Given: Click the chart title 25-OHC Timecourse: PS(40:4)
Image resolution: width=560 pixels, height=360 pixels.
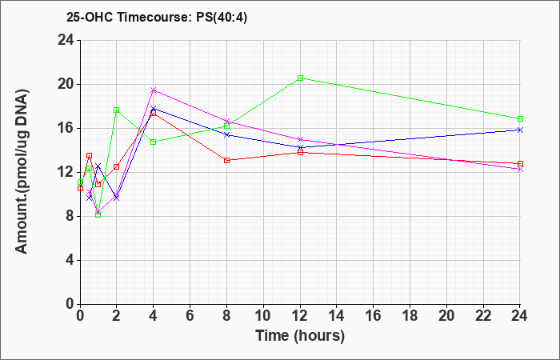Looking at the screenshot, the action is [x=157, y=18].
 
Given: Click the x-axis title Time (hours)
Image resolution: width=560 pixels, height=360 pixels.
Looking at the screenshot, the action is [x=300, y=336].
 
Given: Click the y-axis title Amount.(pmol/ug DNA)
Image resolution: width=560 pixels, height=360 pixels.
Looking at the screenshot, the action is [x=22, y=172].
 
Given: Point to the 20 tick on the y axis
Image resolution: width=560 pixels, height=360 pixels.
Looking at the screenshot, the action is [x=66, y=85].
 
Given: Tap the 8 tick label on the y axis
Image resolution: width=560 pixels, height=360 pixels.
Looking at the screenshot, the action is [x=70, y=217].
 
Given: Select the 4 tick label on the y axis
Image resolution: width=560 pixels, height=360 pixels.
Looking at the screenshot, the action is [x=70, y=260].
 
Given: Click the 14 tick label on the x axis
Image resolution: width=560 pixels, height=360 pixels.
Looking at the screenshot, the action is [x=337, y=316].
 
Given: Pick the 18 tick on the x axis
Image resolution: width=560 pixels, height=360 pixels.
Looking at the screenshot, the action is [x=410, y=316].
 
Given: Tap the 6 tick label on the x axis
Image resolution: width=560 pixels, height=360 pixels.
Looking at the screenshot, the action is [x=190, y=316].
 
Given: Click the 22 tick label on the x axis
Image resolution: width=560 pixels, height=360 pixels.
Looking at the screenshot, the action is [x=483, y=316].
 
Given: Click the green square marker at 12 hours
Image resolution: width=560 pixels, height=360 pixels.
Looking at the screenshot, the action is [x=300, y=78].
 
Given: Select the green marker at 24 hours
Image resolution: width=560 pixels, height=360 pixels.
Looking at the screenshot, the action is [x=520, y=118].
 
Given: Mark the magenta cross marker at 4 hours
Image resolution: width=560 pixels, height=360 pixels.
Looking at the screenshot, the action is [x=154, y=90].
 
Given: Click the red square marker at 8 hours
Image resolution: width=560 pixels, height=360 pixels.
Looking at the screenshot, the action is [x=226, y=160].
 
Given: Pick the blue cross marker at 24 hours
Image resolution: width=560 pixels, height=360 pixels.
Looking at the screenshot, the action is [x=520, y=130].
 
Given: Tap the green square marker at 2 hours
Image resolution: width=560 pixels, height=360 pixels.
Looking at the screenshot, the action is [x=117, y=110].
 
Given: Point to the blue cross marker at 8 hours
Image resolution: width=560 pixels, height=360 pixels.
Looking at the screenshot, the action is [x=226, y=134].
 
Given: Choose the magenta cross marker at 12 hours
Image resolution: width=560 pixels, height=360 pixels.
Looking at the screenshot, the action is [x=300, y=139].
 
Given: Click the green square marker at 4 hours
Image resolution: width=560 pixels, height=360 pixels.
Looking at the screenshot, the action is [x=154, y=142].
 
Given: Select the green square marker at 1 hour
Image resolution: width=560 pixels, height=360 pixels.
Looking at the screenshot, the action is [x=98, y=214].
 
